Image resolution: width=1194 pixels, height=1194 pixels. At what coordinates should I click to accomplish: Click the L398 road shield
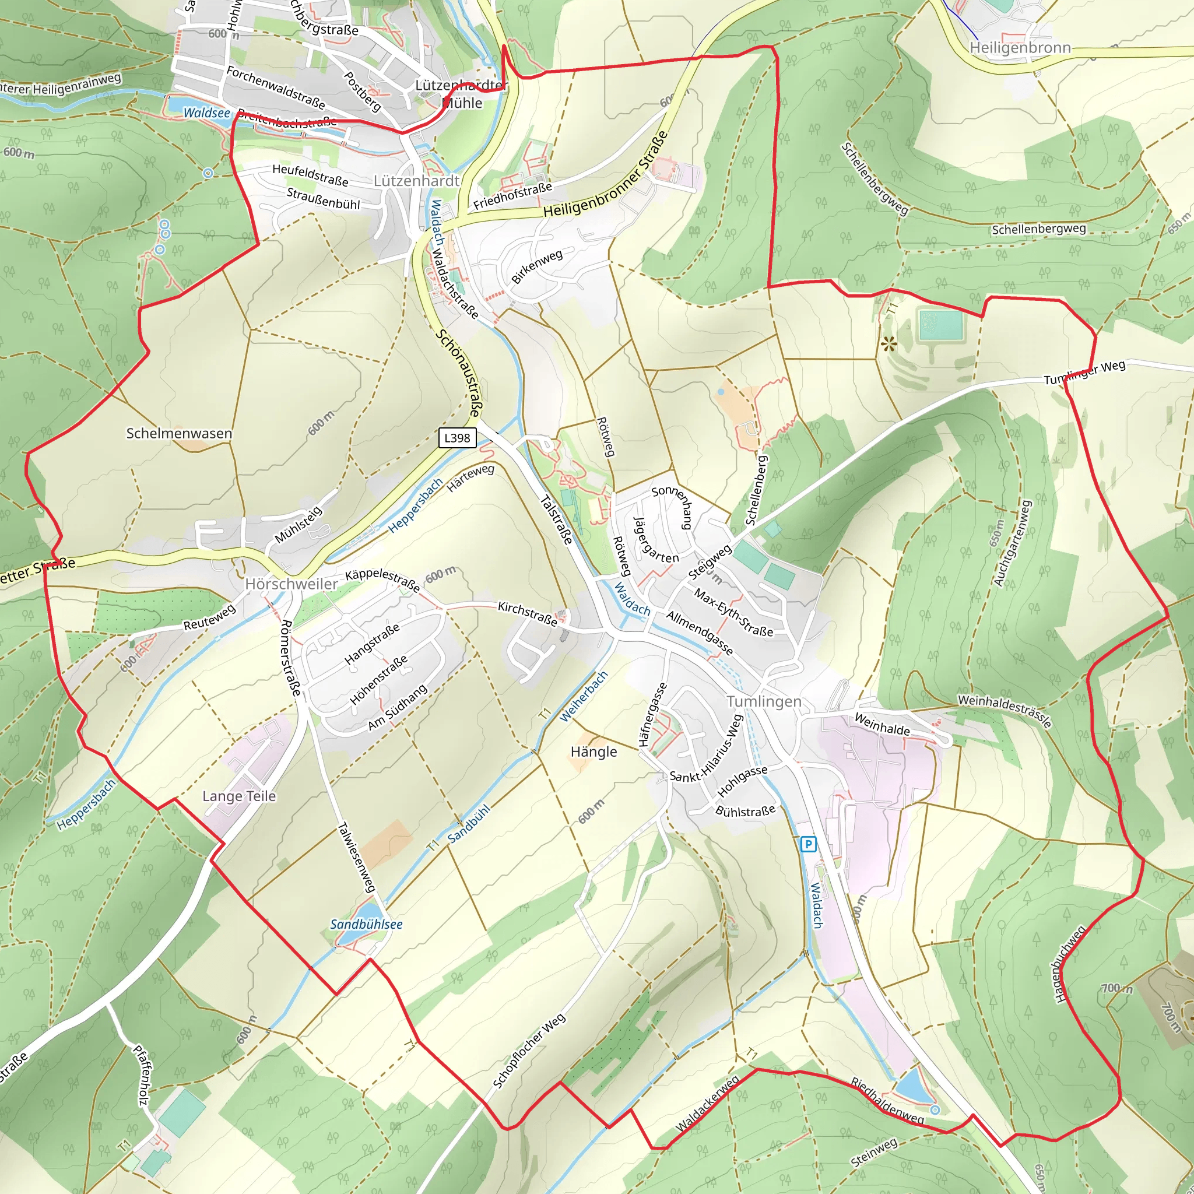pyautogui.click(x=457, y=438)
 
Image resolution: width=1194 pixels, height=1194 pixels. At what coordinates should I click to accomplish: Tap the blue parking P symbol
pyautogui.click(x=807, y=844)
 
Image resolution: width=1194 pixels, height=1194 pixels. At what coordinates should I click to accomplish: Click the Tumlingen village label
pyautogui.click(x=764, y=701)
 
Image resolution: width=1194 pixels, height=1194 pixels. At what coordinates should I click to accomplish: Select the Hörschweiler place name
pyautogui.click(x=291, y=584)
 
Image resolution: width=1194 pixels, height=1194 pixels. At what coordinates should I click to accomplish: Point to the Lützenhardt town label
pyautogui.click(x=416, y=181)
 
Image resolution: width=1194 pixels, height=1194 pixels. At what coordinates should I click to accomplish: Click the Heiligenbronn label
pyautogui.click(x=1020, y=48)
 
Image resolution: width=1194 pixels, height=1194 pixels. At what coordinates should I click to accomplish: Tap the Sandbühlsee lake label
pyautogui.click(x=366, y=925)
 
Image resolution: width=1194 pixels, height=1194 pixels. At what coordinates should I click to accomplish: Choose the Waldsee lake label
pyautogui.click(x=206, y=113)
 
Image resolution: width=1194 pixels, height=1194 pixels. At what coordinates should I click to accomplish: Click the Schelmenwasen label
pyautogui.click(x=179, y=433)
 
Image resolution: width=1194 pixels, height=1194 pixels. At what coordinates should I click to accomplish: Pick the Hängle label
pyautogui.click(x=594, y=752)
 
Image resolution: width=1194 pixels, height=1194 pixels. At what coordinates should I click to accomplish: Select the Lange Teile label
pyautogui.click(x=239, y=796)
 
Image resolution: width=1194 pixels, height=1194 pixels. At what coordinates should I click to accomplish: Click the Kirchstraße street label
pyautogui.click(x=527, y=614)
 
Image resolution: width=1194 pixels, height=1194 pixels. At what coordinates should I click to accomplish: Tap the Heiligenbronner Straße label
pyautogui.click(x=606, y=175)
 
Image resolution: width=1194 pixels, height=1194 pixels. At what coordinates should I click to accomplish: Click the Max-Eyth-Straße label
pyautogui.click(x=733, y=613)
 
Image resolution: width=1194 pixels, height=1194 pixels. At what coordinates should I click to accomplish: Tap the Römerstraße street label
pyautogui.click(x=290, y=658)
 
